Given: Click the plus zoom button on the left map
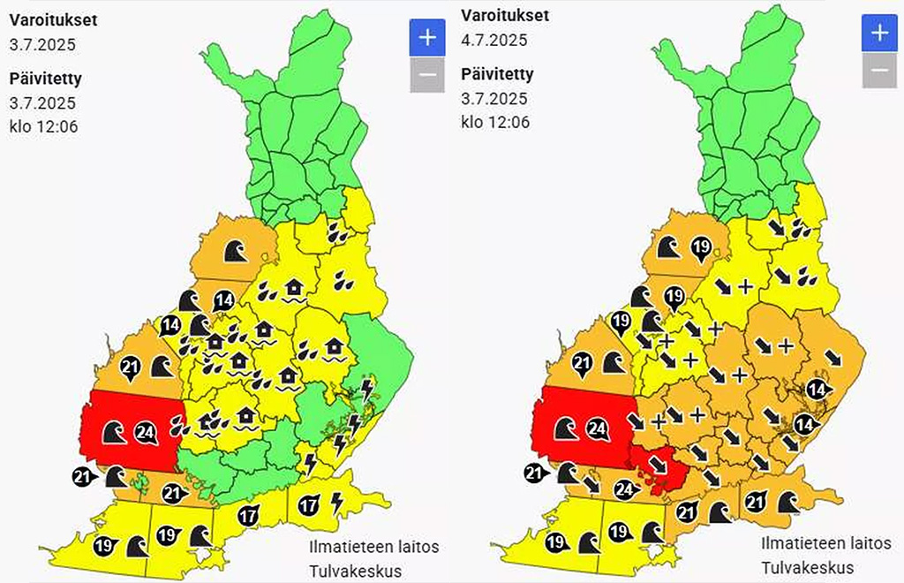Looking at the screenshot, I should coord(426,37).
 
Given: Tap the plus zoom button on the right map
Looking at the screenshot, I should coord(878,34).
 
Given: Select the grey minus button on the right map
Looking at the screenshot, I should coord(878,71).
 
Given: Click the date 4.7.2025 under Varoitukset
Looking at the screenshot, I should coord(494,39).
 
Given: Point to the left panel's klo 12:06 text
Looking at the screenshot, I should coord(44,126).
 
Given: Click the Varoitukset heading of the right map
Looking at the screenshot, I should coord(505,16).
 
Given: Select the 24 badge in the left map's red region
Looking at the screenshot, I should coord(146,433).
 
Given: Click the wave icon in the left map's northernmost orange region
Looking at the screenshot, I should coord(233,252).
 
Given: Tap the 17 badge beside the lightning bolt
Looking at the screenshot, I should coord(308,506).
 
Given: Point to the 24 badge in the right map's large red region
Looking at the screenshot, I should coord(598,429).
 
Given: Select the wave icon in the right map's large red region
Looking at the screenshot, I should coord(565,429).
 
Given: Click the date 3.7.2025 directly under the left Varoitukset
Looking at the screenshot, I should coord(43,43).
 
